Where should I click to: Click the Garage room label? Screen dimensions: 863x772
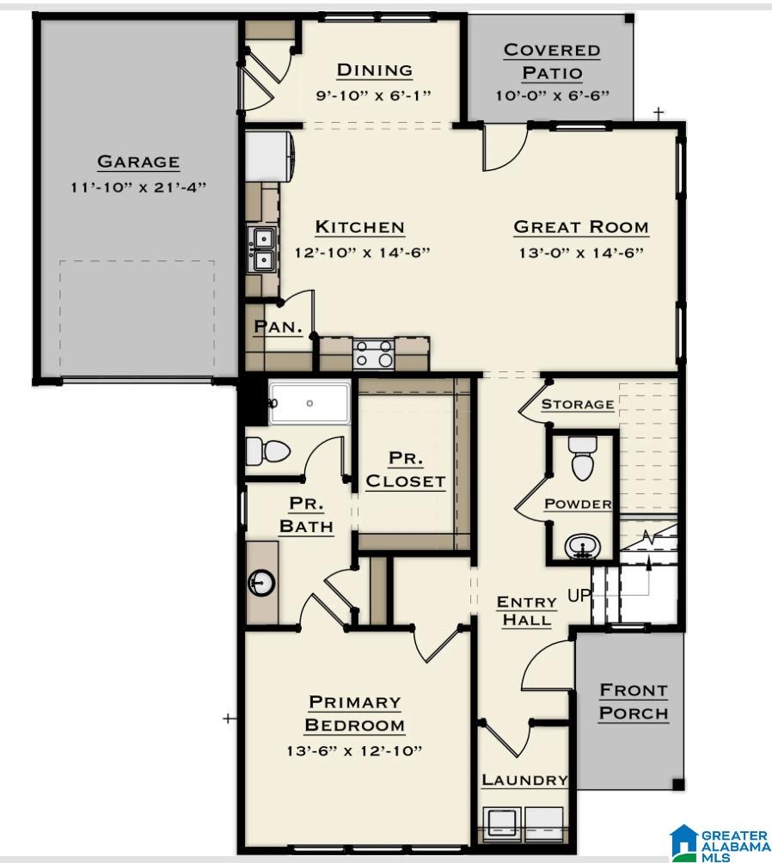coord(138,162)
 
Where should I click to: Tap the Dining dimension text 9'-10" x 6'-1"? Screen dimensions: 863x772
coord(374,95)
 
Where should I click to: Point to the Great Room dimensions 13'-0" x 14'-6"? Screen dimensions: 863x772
coord(581,253)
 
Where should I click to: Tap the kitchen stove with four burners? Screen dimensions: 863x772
coord(374,354)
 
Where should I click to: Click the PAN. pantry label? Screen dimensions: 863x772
coord(276,327)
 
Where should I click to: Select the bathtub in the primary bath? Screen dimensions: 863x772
coord(309,403)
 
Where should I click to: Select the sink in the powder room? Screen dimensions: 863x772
coord(583,545)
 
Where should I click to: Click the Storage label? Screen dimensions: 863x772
coord(577,404)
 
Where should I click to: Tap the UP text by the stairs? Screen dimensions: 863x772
coord(579,595)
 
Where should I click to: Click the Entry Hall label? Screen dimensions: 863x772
coord(526,610)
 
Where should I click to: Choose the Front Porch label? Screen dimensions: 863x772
coord(634,701)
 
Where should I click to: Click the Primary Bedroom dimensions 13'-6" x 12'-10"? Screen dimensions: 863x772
coord(354,751)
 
